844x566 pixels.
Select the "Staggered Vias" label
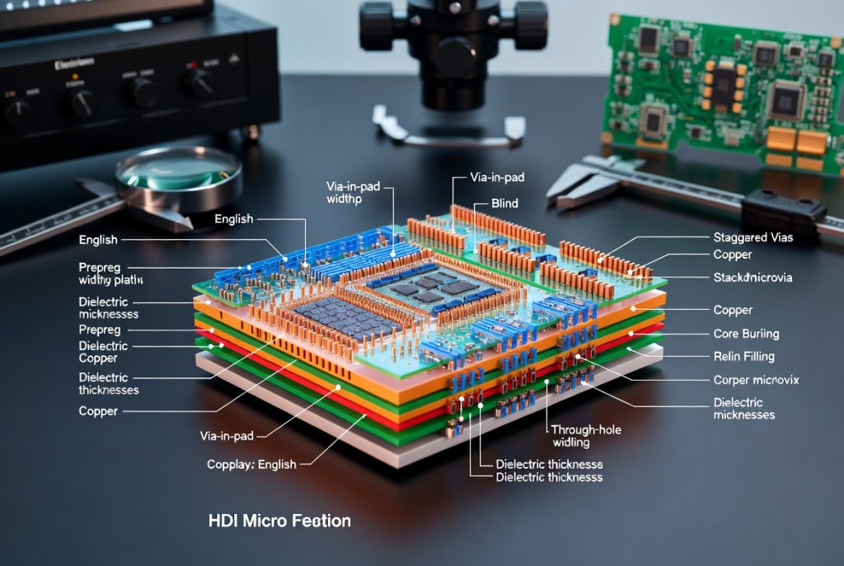(x=753, y=238)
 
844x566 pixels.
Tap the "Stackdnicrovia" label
(x=752, y=278)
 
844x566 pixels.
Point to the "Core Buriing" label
(x=745, y=334)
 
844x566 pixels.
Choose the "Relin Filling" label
(x=744, y=357)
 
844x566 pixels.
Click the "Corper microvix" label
(x=755, y=380)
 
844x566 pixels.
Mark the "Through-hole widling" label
(x=586, y=436)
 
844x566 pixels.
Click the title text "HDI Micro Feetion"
(x=279, y=521)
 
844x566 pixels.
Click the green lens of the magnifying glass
(x=176, y=171)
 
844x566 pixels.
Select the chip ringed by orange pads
(x=723, y=83)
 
